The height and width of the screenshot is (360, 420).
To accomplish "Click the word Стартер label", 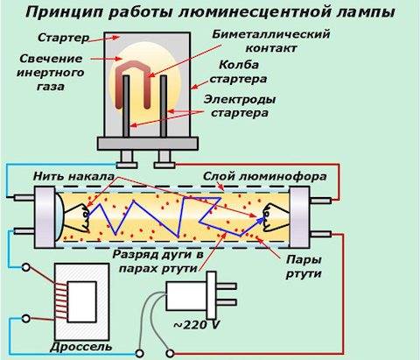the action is [x=64, y=38].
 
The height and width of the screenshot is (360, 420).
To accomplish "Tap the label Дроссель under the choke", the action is [x=81, y=347].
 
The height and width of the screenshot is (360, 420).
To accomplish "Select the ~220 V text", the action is [x=197, y=325].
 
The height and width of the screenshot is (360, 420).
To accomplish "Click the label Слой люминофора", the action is [x=265, y=176].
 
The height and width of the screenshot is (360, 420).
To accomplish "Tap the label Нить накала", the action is [x=73, y=176].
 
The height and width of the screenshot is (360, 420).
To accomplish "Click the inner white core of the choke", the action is [x=81, y=302].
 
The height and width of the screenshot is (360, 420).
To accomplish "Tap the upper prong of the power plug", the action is [x=227, y=286].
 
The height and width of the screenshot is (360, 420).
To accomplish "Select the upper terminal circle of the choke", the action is [x=26, y=267].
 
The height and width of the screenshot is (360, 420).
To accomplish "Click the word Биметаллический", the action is [x=271, y=34].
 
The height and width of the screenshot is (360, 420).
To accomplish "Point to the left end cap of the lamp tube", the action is [x=45, y=217].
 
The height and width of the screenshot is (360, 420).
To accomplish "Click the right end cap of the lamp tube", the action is [x=299, y=217].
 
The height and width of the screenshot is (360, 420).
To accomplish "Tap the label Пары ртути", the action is [x=304, y=266].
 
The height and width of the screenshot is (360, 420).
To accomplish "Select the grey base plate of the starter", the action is [x=148, y=144].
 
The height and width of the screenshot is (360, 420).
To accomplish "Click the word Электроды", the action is [x=240, y=100].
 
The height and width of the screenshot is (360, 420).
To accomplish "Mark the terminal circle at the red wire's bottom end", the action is [x=170, y=354].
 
